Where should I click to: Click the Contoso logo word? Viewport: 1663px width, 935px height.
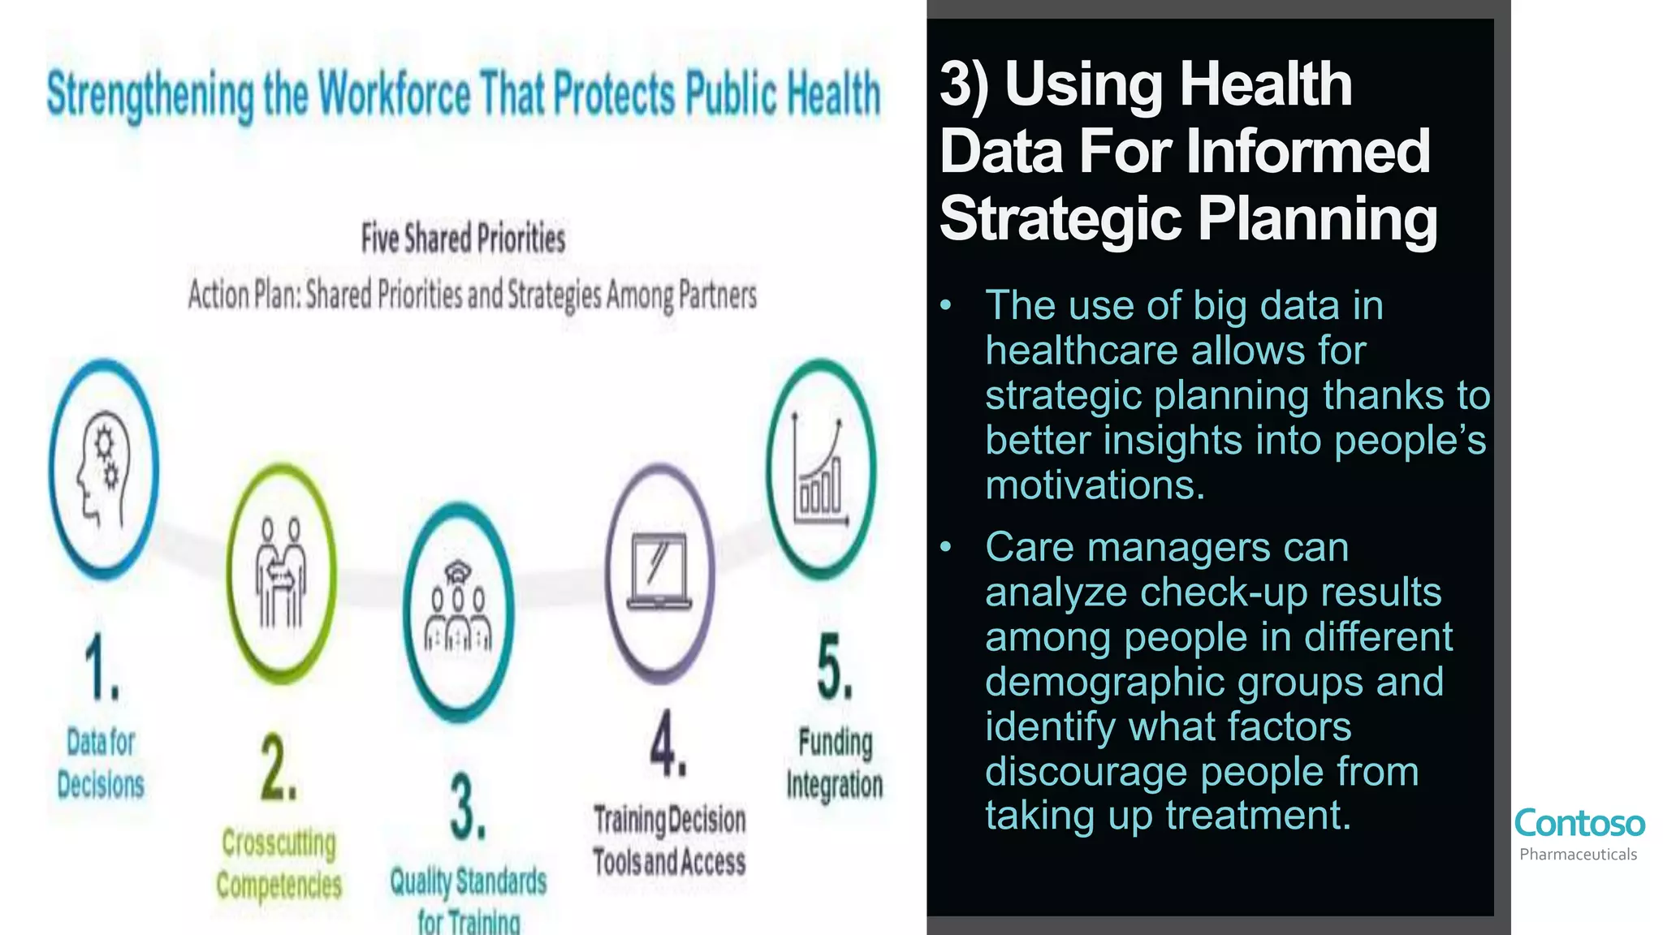[1579, 823]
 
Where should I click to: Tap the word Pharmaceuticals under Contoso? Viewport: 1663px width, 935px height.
[1578, 855]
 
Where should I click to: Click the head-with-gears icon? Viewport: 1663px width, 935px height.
[103, 471]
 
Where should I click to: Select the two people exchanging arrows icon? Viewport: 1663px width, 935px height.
[281, 573]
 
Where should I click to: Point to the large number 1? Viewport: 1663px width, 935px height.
[102, 667]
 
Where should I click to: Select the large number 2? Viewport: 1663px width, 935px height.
[279, 768]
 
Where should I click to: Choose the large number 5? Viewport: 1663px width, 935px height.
[835, 668]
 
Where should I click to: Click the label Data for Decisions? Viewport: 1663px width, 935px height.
[101, 763]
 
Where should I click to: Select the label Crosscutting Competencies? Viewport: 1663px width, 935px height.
[279, 864]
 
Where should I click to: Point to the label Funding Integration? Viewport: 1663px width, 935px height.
[835, 763]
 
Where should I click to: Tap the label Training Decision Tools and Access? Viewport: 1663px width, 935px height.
[669, 840]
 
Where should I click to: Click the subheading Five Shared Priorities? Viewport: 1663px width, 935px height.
[463, 239]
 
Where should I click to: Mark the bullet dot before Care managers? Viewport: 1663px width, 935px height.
[945, 547]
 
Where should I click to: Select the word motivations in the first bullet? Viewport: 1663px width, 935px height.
[1094, 485]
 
